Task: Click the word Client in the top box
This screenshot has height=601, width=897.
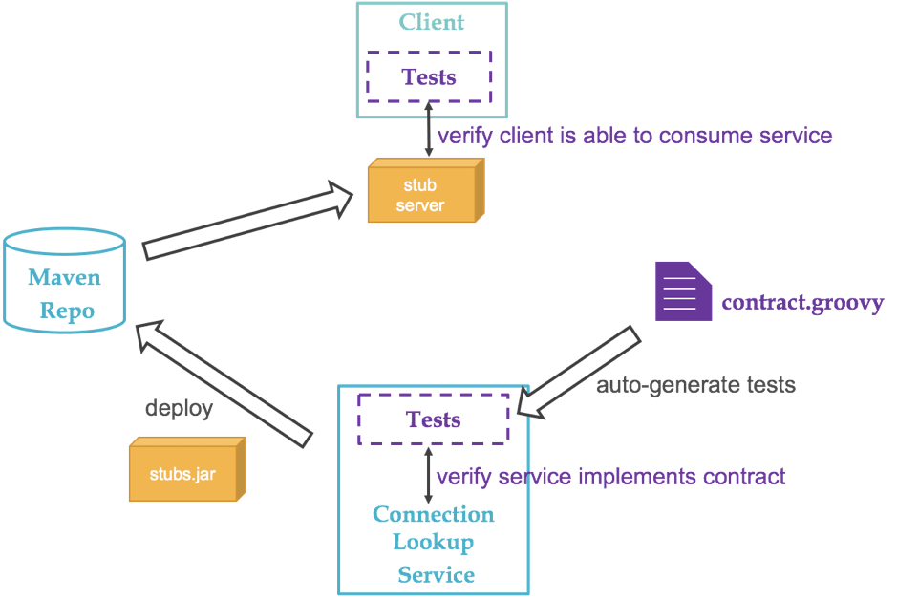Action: click(x=432, y=22)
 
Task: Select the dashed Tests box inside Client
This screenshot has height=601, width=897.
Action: click(x=429, y=76)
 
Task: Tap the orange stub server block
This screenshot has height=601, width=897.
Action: click(x=421, y=190)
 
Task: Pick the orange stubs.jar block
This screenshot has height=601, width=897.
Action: click(x=184, y=469)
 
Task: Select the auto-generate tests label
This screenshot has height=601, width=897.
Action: click(x=696, y=386)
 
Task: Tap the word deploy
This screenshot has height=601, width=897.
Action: click(x=179, y=408)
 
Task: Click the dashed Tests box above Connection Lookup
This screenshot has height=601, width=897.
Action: click(x=433, y=419)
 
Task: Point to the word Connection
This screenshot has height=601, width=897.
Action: click(x=433, y=515)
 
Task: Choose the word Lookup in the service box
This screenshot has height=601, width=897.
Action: click(x=434, y=543)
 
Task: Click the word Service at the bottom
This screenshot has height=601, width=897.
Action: click(x=436, y=575)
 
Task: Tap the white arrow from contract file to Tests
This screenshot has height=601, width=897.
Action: click(x=577, y=374)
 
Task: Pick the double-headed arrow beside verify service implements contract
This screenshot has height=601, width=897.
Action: click(x=427, y=475)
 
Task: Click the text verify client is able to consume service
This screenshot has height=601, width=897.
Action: click(x=634, y=136)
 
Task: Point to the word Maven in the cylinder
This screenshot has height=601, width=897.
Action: click(x=64, y=278)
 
